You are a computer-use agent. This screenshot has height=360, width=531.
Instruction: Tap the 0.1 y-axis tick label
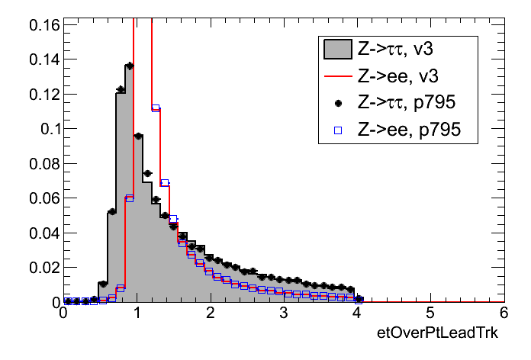pyautogui.click(x=47, y=129)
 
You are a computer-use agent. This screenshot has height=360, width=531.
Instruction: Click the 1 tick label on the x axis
pyautogui.click(x=137, y=314)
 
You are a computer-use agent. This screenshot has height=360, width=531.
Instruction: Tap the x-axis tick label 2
pyautogui.click(x=210, y=314)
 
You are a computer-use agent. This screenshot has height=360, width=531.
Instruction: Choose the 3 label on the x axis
pyautogui.click(x=283, y=314)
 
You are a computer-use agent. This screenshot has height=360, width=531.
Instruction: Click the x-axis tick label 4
pyautogui.click(x=356, y=314)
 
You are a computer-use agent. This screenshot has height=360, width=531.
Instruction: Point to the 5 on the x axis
pyautogui.click(x=430, y=314)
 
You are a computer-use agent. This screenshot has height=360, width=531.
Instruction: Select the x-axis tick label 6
pyautogui.click(x=503, y=314)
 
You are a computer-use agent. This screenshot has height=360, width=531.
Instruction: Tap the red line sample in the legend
pyautogui.click(x=338, y=77)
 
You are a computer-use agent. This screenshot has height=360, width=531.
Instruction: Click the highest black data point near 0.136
pyautogui.click(x=129, y=66)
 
